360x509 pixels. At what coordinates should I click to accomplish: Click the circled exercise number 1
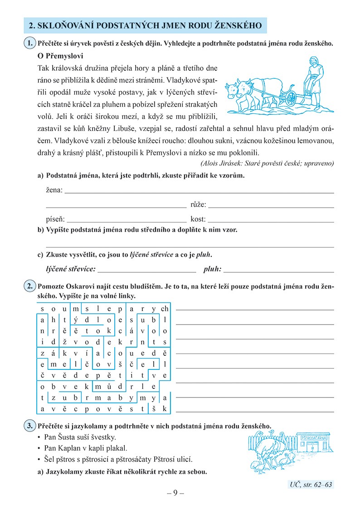tap(29, 44)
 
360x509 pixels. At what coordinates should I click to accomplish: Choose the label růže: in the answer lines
tap(199, 205)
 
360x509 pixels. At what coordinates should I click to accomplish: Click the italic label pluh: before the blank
tap(212, 269)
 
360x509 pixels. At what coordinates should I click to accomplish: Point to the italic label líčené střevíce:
tap(71, 269)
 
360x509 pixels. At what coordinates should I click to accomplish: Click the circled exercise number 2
tap(29, 287)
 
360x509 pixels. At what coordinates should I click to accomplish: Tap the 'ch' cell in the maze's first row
tap(165, 309)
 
